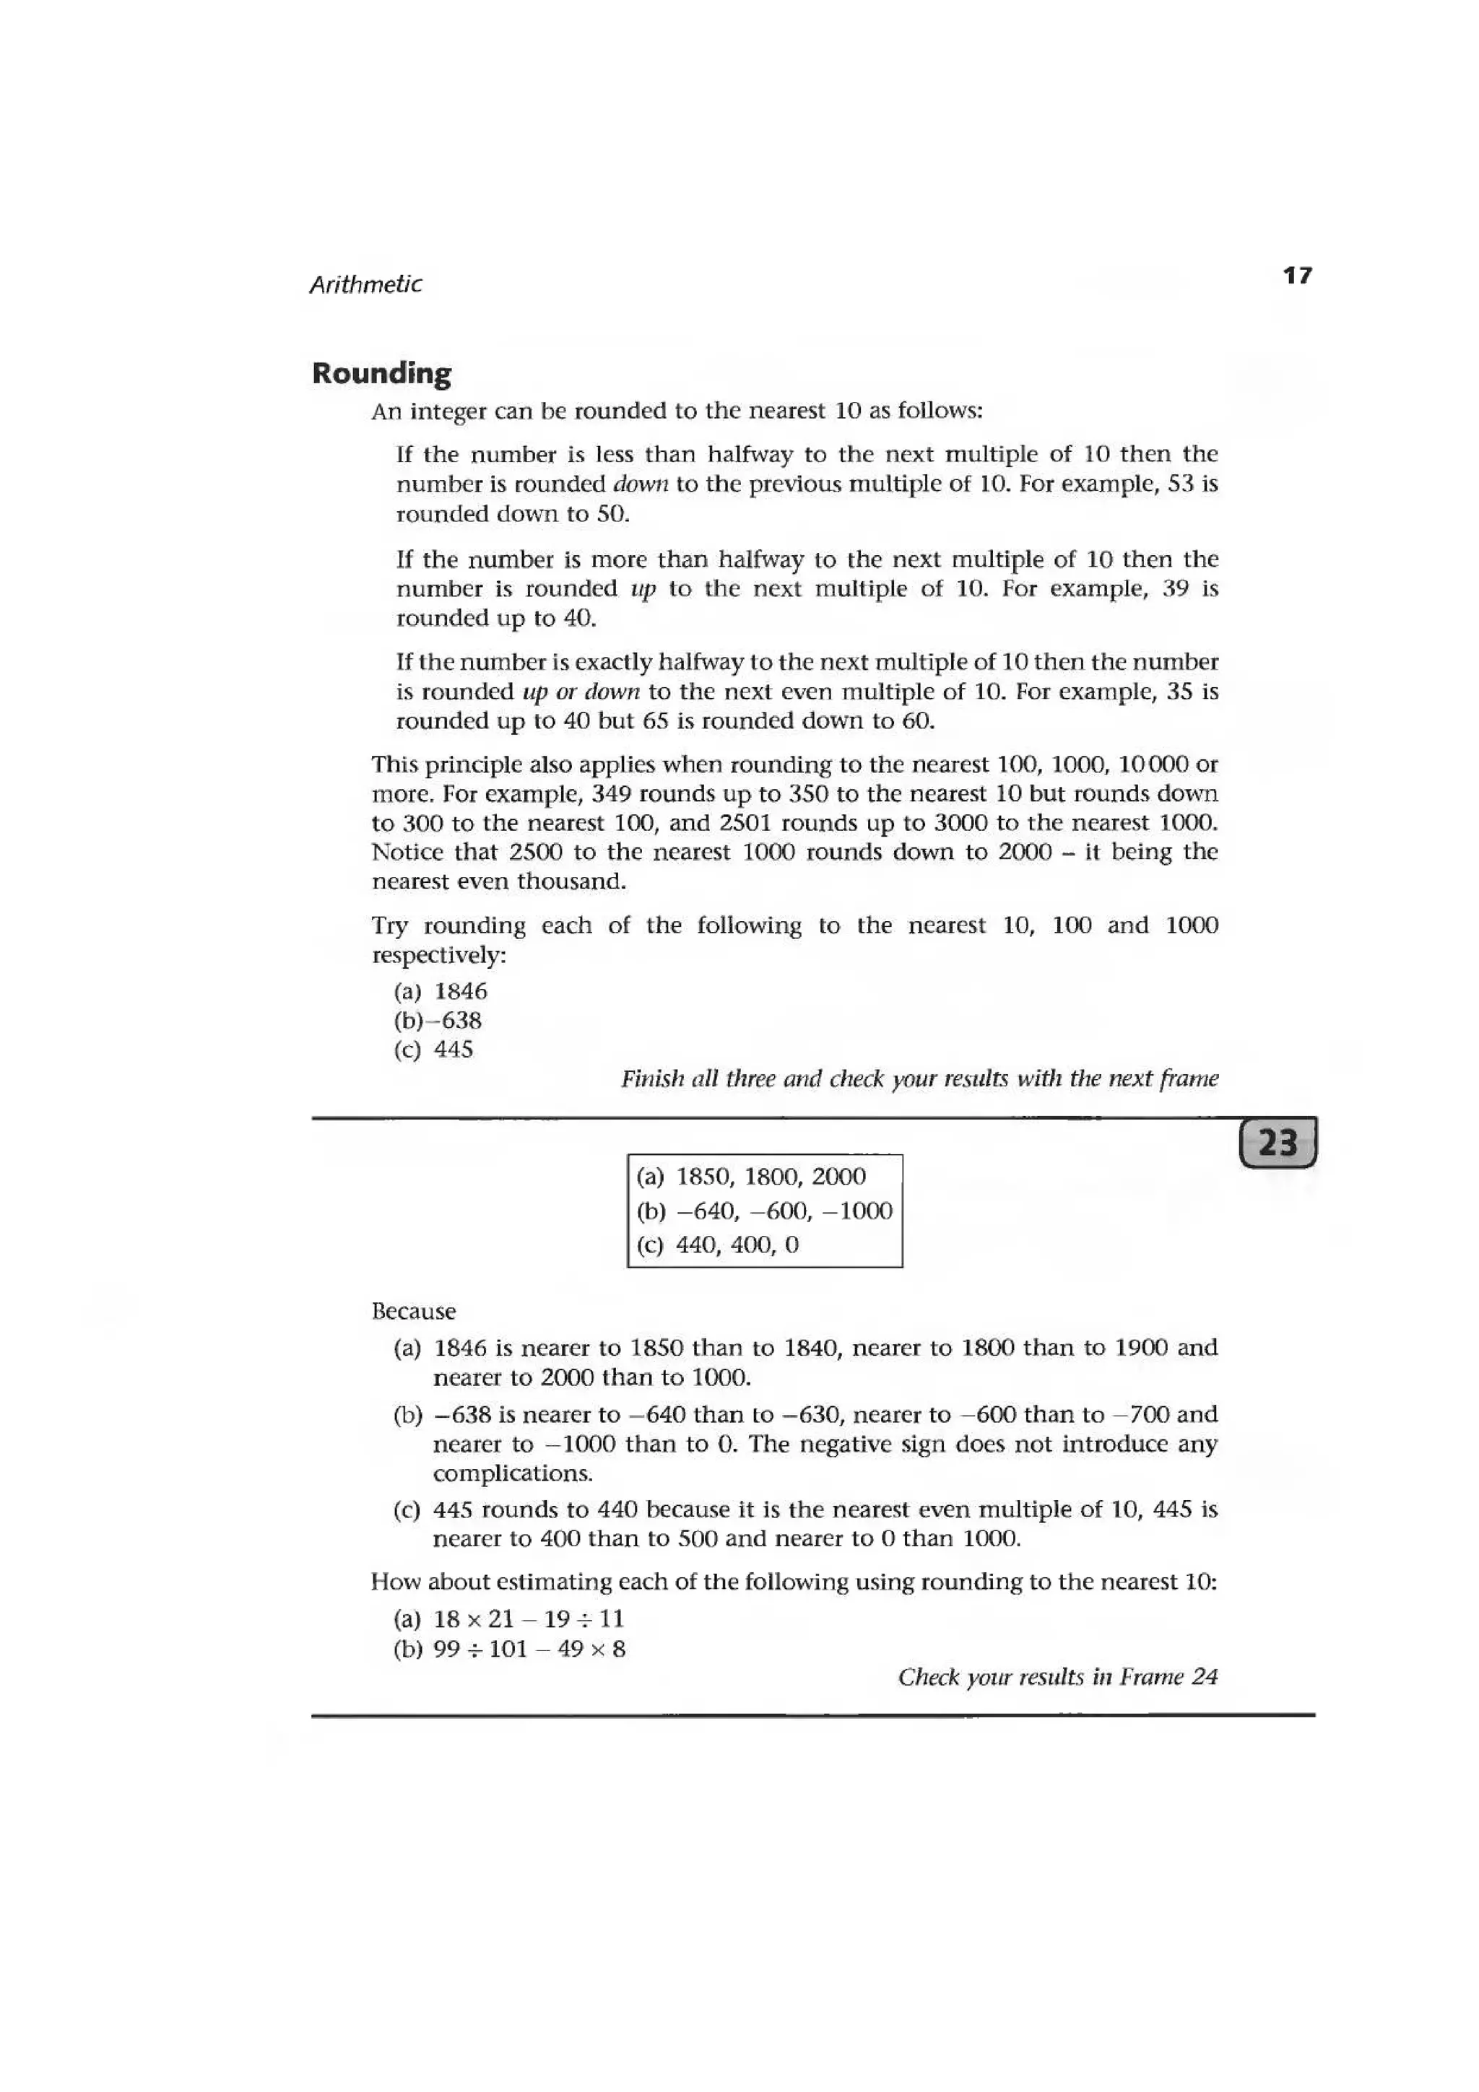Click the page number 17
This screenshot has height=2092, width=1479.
1297,275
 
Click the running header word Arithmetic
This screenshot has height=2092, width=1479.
365,285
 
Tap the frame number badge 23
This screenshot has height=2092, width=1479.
1278,1143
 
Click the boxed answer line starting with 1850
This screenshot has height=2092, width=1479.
752,1177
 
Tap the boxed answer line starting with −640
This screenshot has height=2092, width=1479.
763,1211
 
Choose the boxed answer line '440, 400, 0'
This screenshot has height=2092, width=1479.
718,1245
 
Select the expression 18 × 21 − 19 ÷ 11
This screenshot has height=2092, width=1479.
529,1619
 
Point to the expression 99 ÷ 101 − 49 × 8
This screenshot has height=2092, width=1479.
529,1649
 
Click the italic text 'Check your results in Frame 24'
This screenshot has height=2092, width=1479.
1057,1678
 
